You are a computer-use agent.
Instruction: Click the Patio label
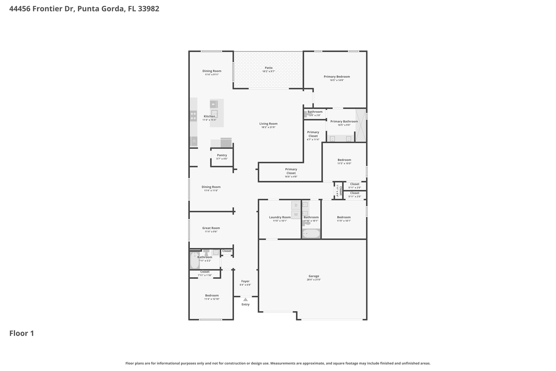tap(268, 68)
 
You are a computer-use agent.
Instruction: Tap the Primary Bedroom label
tap(337, 77)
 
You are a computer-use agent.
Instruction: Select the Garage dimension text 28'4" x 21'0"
tap(314, 280)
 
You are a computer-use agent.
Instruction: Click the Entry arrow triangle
tap(245, 300)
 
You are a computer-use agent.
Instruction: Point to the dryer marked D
tap(296, 205)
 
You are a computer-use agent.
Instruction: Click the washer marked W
tap(296, 215)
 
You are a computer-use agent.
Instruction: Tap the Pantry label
tap(222, 155)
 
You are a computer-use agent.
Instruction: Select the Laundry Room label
tap(280, 217)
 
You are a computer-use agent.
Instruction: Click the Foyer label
tap(245, 281)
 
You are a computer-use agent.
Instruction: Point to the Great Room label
tap(211, 228)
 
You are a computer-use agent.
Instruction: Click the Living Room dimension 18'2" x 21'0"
tap(268, 127)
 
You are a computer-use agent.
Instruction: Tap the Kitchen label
tap(209, 116)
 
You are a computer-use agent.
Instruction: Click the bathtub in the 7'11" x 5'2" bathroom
tap(195, 260)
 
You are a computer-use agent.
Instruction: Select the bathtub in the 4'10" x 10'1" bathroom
tap(311, 234)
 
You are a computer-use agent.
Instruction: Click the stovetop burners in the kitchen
tap(193, 116)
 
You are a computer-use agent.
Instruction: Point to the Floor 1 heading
tap(22, 333)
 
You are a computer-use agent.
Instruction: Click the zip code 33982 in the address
tap(149, 9)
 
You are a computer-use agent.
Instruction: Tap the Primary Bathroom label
tap(344, 121)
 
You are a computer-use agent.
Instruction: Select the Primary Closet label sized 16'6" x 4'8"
tap(291, 171)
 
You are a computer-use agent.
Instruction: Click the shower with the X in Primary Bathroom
tap(361, 125)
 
